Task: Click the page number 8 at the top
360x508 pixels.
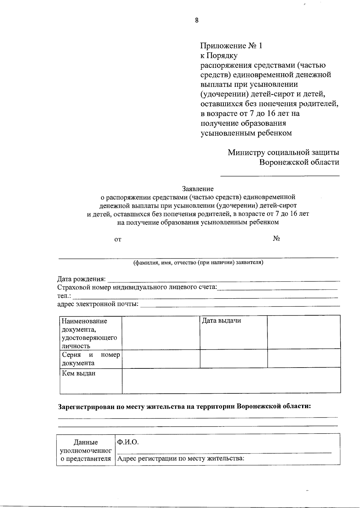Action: coord(196,20)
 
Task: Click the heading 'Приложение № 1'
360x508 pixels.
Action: coord(231,46)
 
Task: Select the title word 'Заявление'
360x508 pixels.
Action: coord(198,189)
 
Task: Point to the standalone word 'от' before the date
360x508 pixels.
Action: coord(118,239)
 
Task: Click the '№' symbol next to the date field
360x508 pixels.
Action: coord(276,239)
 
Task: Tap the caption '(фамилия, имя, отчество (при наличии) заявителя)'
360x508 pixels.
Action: coord(198,263)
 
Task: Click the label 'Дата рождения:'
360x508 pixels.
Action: coord(81,279)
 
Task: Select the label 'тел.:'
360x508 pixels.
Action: coord(64,296)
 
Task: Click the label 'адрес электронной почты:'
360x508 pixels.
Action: coord(98,304)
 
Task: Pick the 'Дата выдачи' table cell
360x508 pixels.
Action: coord(221,321)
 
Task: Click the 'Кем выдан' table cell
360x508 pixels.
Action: coord(79,374)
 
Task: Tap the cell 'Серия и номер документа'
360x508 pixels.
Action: coord(91,359)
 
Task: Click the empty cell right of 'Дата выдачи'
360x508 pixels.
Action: coord(304,332)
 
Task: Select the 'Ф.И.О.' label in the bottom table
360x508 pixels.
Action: coord(128,442)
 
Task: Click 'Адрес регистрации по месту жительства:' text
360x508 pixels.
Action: coord(181,458)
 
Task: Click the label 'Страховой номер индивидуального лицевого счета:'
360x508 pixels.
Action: coord(137,287)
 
